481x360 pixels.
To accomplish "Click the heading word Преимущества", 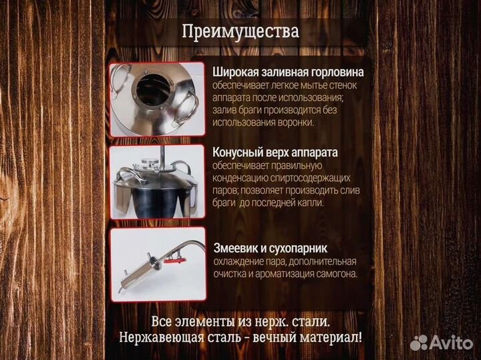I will pyautogui.click(x=240, y=31).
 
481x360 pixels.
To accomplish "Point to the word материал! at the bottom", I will pyautogui.click(x=331, y=337).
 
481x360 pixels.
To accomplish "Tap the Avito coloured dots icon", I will pyautogui.click(x=419, y=342).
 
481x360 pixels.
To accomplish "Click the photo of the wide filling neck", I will pyautogui.click(x=157, y=100).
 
